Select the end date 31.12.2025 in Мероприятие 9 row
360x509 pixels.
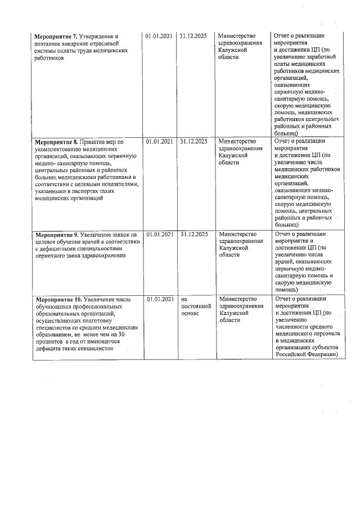point(193,234)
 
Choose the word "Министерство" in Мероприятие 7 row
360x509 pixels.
point(238,36)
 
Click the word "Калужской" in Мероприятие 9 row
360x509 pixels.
point(234,249)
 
